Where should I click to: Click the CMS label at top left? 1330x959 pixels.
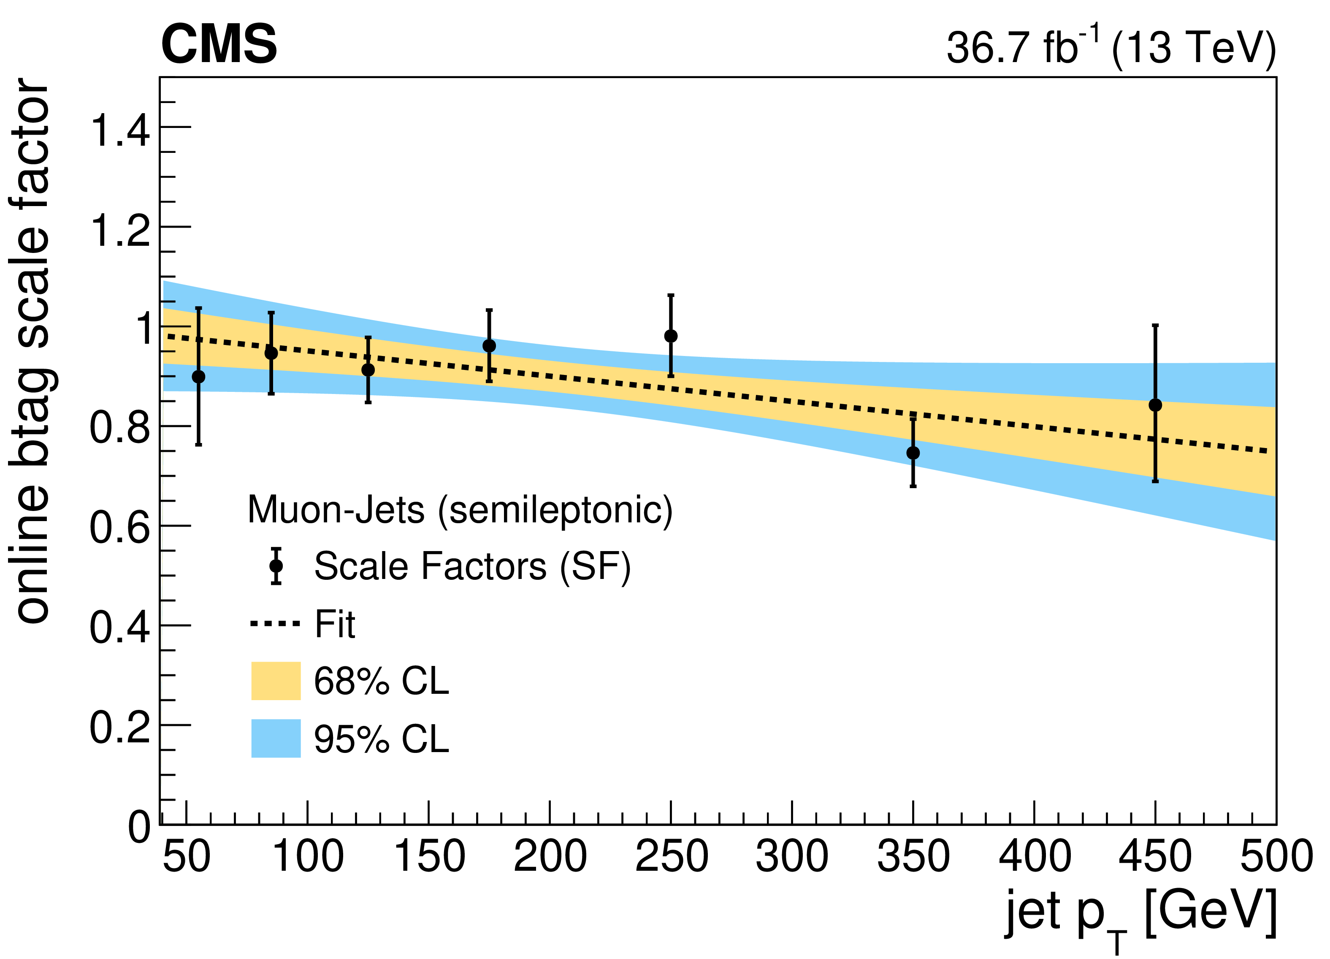click(219, 45)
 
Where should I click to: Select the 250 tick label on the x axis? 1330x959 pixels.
click(672, 856)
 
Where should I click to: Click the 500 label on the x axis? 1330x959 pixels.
click(1276, 856)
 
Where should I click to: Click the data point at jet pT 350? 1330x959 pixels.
click(913, 453)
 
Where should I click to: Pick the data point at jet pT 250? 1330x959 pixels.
click(671, 336)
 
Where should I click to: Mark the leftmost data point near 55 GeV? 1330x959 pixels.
click(199, 377)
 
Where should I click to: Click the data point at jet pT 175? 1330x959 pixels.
click(489, 346)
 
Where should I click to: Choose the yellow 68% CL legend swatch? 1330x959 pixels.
click(276, 681)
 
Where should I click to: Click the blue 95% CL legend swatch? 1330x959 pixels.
click(276, 739)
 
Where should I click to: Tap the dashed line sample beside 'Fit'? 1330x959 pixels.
click(276, 623)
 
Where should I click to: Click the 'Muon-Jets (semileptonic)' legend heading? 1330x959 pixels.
click(460, 510)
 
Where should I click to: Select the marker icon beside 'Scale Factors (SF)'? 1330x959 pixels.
click(276, 566)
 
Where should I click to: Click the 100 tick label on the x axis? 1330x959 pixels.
click(308, 856)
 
